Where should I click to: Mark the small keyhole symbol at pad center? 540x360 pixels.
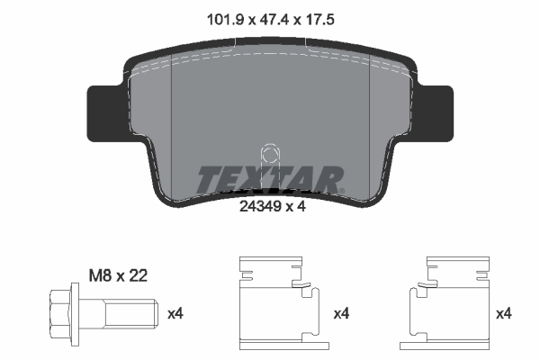click(x=268, y=156)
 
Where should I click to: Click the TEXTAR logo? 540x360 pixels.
click(x=269, y=179)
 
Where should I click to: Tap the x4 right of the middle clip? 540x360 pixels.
click(x=342, y=314)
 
